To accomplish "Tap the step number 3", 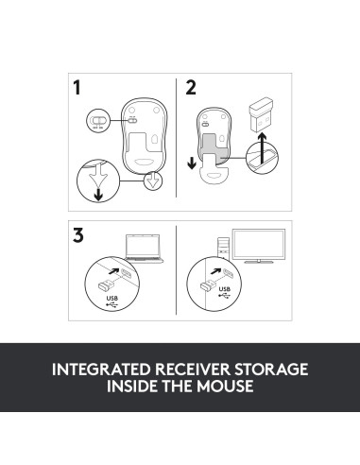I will point(78,234).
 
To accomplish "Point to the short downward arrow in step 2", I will point(194,162).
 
